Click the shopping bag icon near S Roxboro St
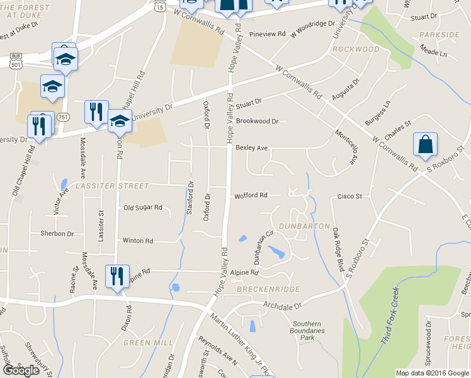[x=426, y=145]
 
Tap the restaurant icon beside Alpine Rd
[x=117, y=277]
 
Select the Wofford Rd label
[x=251, y=195]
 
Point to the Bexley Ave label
[x=252, y=148]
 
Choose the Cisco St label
[x=349, y=197]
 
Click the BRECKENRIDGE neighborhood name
[x=268, y=289]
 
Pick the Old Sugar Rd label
[x=143, y=207]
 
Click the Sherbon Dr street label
[x=57, y=234]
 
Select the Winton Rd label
[x=138, y=241]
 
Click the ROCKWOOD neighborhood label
[x=356, y=49]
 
